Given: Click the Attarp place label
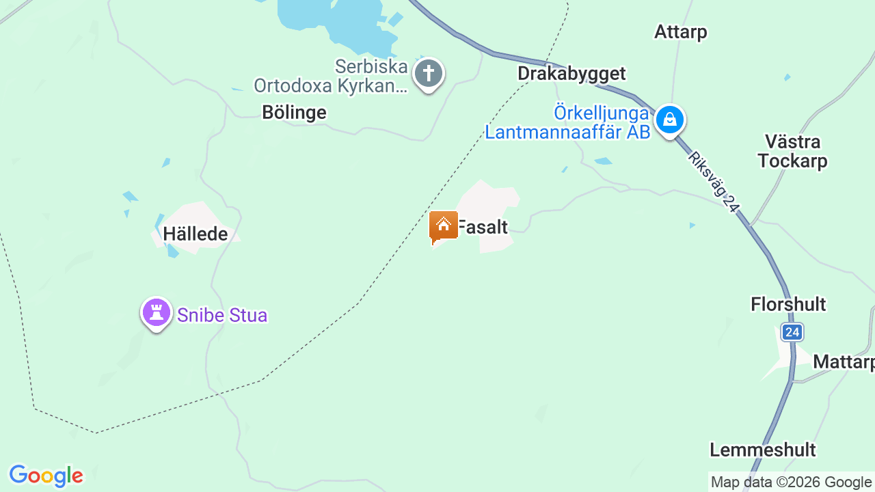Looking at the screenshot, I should [x=680, y=32].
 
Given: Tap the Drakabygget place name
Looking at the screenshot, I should [x=571, y=74].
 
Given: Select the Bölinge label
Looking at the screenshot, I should [x=294, y=113].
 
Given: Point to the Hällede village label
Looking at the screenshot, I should [x=195, y=234].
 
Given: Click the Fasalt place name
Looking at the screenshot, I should [x=483, y=228].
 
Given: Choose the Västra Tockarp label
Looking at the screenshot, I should [x=793, y=152].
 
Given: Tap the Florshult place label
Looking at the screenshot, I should [x=788, y=304].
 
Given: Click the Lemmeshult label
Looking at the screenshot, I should [x=762, y=450].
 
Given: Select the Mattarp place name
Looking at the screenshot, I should [x=843, y=362].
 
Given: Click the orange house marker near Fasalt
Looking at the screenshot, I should [x=443, y=226].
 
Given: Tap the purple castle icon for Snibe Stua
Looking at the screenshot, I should [x=157, y=313].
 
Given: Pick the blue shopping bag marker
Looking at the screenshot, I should [x=669, y=120].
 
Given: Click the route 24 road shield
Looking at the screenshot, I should [x=792, y=333].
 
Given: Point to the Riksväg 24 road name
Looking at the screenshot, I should [x=714, y=182].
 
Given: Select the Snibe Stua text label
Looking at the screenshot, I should [x=222, y=316].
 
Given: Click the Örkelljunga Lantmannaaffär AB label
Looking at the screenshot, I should [x=567, y=122].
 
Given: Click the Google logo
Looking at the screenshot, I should [x=46, y=476].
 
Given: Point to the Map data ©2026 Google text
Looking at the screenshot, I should [x=791, y=482].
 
